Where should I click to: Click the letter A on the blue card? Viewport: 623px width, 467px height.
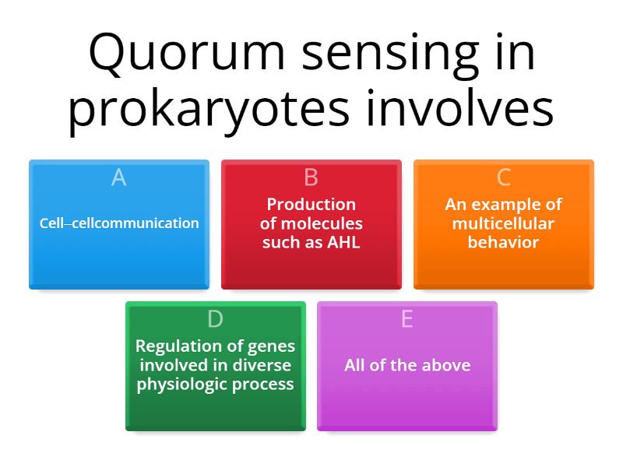[118, 177]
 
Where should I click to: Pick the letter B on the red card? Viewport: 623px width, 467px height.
[311, 177]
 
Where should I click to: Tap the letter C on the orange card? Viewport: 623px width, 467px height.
[503, 177]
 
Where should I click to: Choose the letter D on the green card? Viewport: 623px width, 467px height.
[215, 319]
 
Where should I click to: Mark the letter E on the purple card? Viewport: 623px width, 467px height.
[407, 319]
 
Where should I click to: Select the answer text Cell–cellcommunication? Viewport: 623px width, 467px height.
[119, 223]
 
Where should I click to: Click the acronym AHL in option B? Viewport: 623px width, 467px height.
[345, 242]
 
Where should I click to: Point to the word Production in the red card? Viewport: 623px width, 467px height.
[311, 205]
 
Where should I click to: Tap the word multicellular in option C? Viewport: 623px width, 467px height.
[503, 223]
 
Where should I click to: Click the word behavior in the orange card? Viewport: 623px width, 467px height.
[503, 242]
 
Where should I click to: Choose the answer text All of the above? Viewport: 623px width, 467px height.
[407, 365]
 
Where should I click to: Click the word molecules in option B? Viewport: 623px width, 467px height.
[322, 223]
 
